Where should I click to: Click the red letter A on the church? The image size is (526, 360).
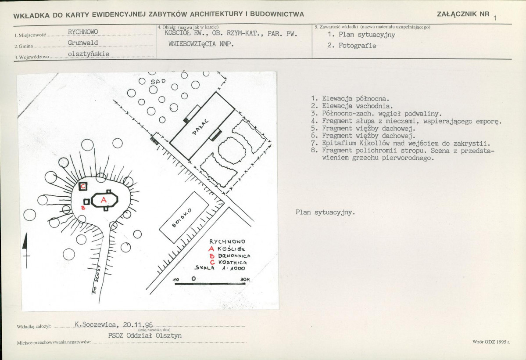click(x=104, y=200)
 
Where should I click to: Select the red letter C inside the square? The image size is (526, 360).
click(x=82, y=187)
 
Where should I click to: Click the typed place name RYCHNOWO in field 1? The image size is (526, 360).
click(x=83, y=32)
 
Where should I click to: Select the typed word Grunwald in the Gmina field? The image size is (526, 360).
click(x=82, y=43)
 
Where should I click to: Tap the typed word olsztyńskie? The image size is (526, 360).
click(x=89, y=54)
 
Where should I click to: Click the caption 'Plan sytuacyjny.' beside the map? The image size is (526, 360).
click(x=325, y=212)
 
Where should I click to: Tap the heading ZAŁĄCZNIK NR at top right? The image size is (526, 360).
click(x=463, y=14)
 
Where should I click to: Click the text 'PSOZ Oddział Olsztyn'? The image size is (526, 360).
click(x=145, y=335)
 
